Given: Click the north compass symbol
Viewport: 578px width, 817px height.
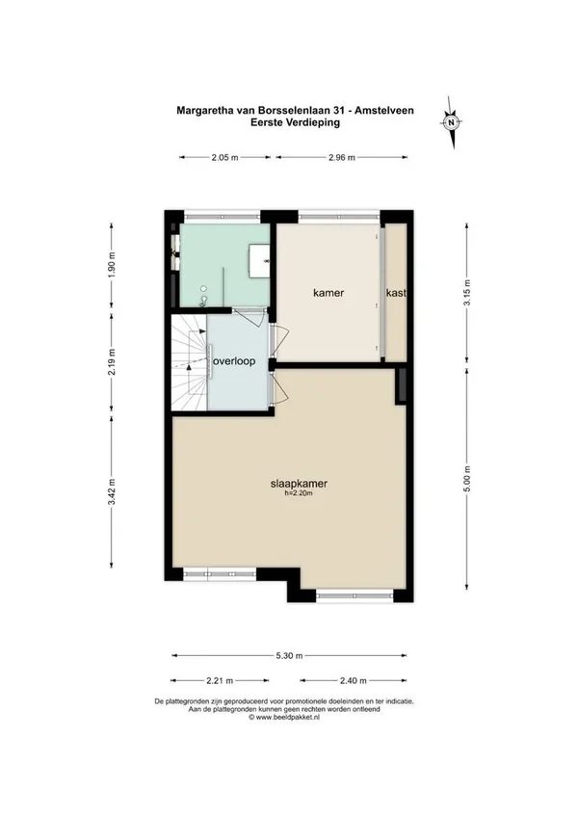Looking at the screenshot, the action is (x=453, y=122).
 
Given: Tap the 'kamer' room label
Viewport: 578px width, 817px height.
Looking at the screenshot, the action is (x=328, y=293).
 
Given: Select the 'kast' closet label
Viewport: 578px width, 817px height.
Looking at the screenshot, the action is (x=396, y=293).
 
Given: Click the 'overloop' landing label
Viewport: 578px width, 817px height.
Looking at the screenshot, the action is (x=234, y=361).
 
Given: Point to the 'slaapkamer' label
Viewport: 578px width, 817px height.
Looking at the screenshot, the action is (x=299, y=484).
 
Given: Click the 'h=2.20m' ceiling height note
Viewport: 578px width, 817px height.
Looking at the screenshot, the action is (x=299, y=493).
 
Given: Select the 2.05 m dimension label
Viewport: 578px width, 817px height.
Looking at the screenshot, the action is (x=224, y=157).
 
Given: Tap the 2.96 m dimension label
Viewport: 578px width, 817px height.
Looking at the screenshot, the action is (x=342, y=157).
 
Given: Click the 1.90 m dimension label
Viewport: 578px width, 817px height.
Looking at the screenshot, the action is (x=112, y=265).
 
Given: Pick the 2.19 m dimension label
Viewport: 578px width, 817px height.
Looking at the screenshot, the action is (x=112, y=361).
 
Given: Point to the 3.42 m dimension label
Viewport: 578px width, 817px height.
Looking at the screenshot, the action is (x=112, y=492).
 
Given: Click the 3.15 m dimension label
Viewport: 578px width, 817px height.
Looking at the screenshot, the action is (x=467, y=293).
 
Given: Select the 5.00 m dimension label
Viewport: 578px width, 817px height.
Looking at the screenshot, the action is (x=467, y=478).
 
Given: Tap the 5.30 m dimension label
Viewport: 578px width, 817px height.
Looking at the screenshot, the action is (x=289, y=655).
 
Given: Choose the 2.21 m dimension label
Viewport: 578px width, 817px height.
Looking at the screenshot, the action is (x=220, y=680).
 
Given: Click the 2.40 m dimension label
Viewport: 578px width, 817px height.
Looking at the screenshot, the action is (x=353, y=680).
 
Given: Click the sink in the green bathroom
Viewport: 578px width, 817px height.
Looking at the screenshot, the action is (x=259, y=260).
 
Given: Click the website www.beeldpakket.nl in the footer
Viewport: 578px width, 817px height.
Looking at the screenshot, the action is (x=284, y=717).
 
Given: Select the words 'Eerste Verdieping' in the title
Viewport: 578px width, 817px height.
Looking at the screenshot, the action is (x=295, y=122).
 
